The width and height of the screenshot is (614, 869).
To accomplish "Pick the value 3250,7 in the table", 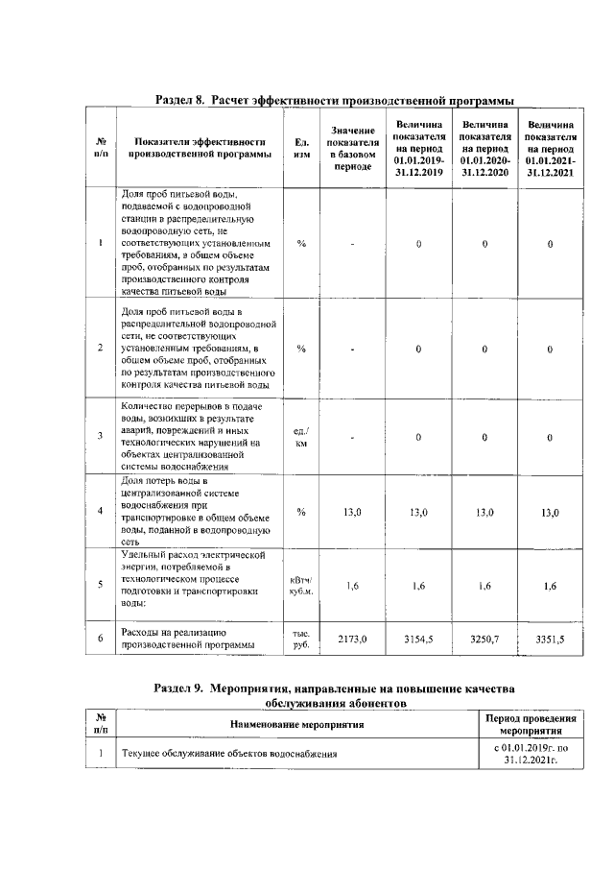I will [x=484, y=638].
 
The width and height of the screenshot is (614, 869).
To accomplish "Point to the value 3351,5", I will [x=550, y=639].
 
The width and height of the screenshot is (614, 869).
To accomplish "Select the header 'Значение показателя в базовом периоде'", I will [x=352, y=148].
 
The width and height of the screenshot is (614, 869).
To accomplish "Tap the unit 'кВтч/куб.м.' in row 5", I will [x=301, y=586].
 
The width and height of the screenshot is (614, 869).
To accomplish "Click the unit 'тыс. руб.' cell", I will [x=301, y=639].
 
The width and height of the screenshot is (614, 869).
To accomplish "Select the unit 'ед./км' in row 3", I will [x=301, y=437].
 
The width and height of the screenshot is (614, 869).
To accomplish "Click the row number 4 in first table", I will [x=101, y=512].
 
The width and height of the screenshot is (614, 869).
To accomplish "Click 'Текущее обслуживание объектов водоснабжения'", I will [x=228, y=754].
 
